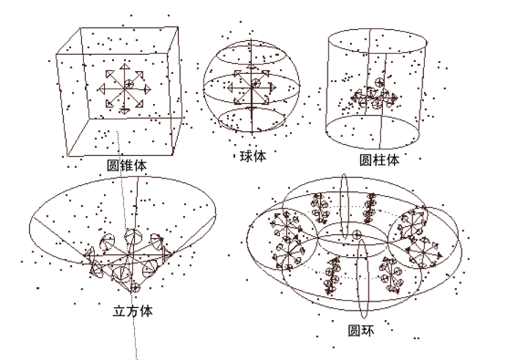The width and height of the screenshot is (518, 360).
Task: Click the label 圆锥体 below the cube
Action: (127, 166)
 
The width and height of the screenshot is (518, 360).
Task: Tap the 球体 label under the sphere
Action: (253, 156)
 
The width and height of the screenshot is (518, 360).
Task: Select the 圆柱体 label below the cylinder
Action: (379, 159)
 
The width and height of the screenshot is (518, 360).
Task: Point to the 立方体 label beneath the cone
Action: (133, 311)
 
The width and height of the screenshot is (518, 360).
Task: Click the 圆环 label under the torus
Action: (361, 330)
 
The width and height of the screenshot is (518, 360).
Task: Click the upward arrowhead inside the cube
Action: (124, 67)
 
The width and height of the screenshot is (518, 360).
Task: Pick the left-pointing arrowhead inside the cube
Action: (101, 88)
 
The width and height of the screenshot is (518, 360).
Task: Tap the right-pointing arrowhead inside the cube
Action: (148, 88)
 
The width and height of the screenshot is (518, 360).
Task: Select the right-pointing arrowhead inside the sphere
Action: (273, 87)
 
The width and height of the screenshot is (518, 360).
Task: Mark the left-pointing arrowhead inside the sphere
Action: (230, 87)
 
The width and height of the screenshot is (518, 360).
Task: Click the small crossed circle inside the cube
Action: (129, 84)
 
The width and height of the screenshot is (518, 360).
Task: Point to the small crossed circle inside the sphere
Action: (255, 83)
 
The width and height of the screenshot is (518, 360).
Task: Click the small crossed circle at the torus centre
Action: (357, 234)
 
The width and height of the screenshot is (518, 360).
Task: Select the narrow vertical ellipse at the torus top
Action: (344, 205)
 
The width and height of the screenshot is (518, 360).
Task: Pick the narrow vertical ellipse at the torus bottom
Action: (362, 278)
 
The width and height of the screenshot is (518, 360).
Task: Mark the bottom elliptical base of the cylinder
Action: (373, 148)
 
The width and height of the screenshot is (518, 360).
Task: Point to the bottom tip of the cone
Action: (132, 293)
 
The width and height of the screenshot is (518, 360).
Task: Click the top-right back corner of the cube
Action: (179, 27)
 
